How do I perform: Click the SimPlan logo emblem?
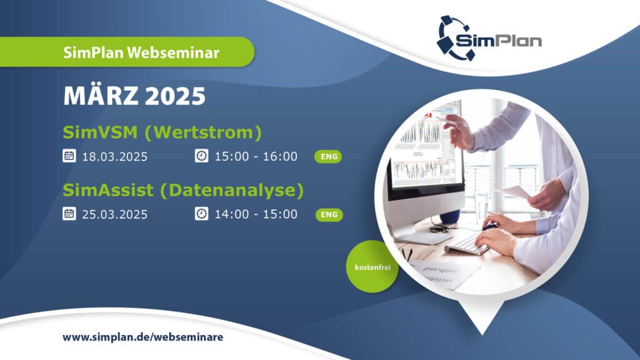click(x=454, y=38)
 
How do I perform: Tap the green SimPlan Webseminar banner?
click(x=127, y=52)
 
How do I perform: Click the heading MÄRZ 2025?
click(x=134, y=96)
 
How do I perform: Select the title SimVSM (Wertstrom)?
click(x=162, y=132)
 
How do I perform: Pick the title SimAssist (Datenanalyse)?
click(x=183, y=191)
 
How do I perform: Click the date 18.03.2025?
click(x=115, y=157)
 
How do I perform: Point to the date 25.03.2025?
click(x=115, y=215)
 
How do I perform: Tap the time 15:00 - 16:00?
click(x=256, y=156)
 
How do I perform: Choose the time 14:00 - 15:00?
click(x=256, y=214)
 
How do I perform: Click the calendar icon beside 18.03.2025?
click(x=69, y=156)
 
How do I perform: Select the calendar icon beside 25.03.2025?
click(x=69, y=214)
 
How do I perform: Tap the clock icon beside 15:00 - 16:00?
click(x=202, y=156)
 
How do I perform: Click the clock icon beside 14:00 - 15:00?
click(x=202, y=214)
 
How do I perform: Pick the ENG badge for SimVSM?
click(x=328, y=157)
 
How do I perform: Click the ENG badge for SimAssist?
click(x=329, y=215)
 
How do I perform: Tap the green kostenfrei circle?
click(x=372, y=267)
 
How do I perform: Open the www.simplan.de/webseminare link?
click(x=143, y=337)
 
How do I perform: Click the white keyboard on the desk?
click(x=467, y=244)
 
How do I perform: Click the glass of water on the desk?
click(x=482, y=206)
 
